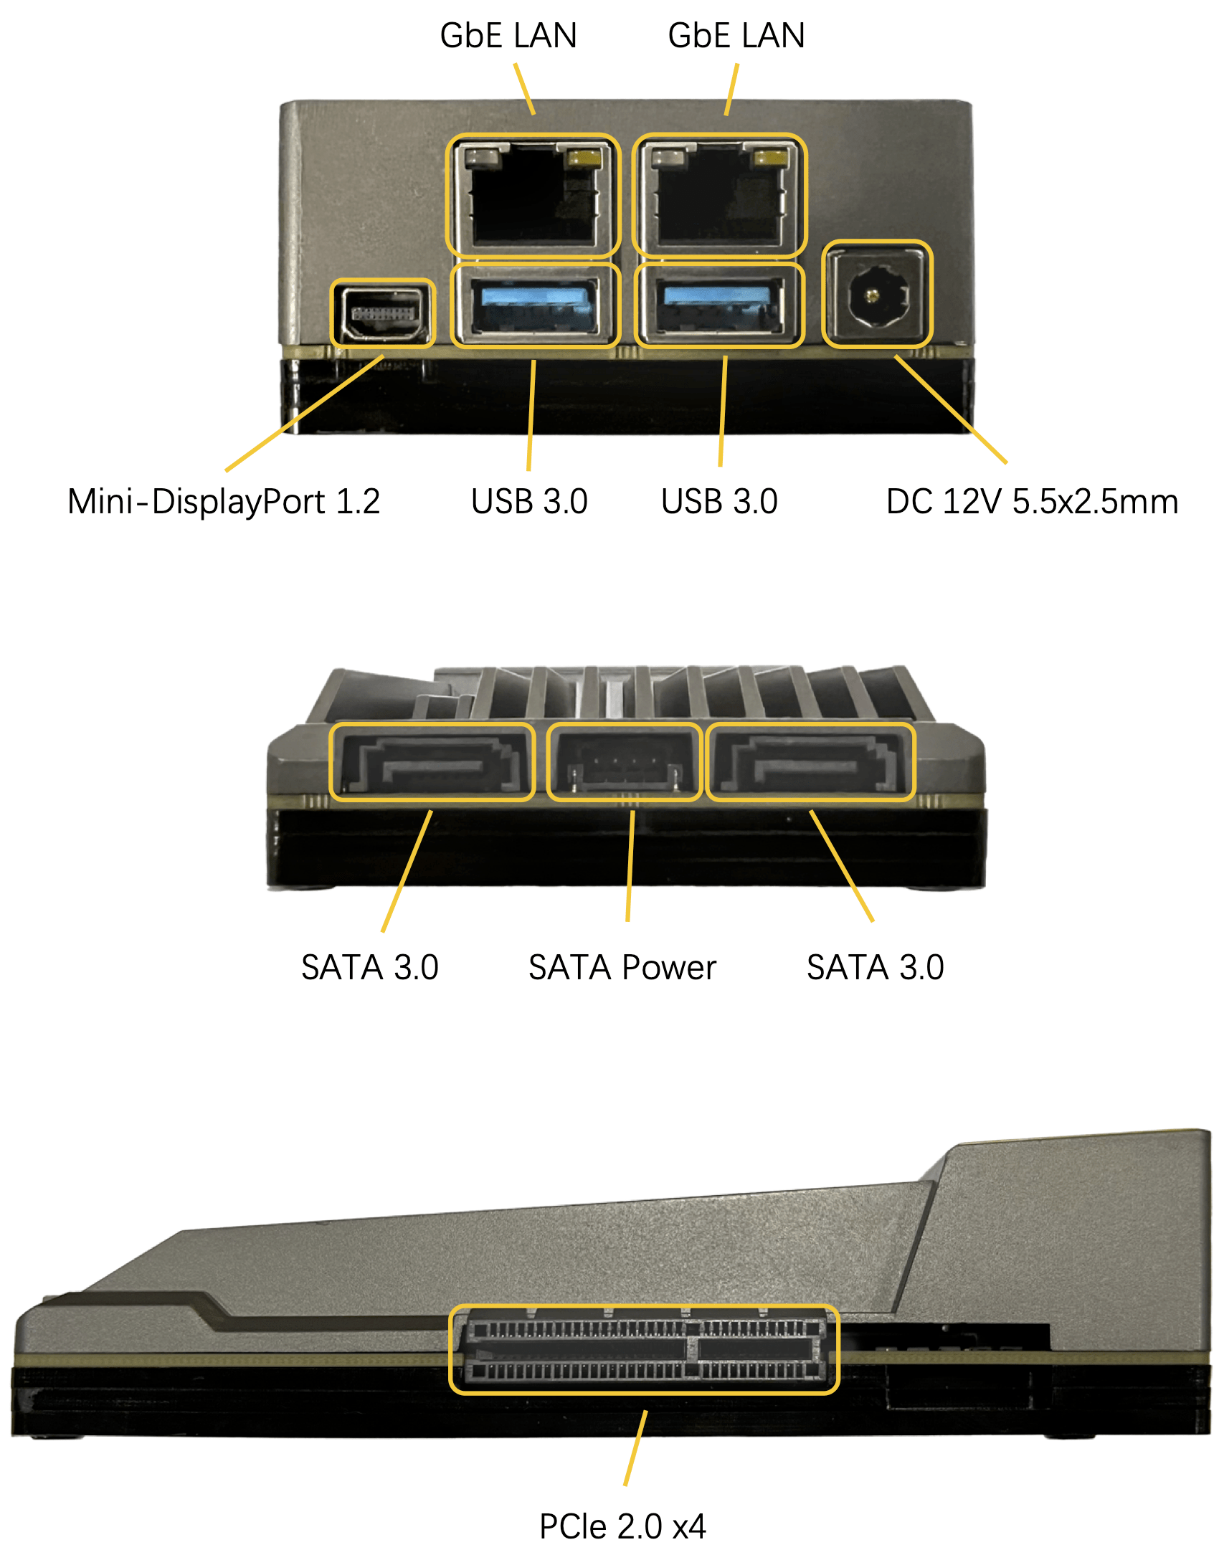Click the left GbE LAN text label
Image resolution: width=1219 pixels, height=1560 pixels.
click(x=508, y=36)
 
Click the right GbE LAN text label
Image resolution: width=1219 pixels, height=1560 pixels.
click(x=736, y=36)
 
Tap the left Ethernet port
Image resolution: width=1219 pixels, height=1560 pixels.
click(x=533, y=196)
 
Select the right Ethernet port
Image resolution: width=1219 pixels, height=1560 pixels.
click(x=719, y=196)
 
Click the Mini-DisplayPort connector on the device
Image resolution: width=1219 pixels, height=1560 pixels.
click(x=383, y=313)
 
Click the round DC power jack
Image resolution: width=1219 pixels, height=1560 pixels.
click(x=876, y=295)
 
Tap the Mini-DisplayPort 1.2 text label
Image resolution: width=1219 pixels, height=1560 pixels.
click(x=224, y=501)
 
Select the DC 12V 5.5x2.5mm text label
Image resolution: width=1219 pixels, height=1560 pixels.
click(x=1032, y=501)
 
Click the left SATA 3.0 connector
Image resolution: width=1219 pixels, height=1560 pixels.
click(x=432, y=762)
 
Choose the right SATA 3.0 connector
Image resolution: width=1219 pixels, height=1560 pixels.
click(x=810, y=762)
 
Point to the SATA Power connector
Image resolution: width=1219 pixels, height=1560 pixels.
click(x=624, y=763)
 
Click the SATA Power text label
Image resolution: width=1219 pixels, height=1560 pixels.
click(x=622, y=967)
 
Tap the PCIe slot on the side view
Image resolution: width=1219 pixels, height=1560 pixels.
click(x=643, y=1349)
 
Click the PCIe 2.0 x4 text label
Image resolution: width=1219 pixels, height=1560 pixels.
click(x=622, y=1526)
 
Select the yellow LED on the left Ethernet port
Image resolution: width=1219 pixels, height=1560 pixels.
click(x=582, y=158)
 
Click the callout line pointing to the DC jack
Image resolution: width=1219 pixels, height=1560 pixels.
click(x=951, y=409)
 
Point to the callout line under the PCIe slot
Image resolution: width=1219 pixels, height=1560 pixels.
click(x=635, y=1447)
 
